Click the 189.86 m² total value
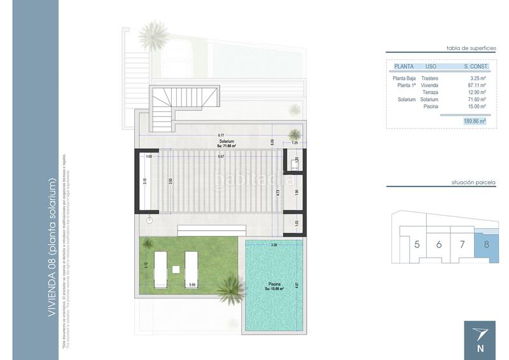[475, 120]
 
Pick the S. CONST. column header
[476, 66]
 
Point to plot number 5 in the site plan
[417, 244]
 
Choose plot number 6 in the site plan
[440, 244]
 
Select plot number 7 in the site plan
[463, 244]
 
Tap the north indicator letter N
[481, 349]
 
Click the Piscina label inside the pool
[274, 284]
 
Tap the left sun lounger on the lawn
[160, 267]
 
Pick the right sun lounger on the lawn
[192, 267]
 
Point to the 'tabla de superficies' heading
[470, 48]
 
